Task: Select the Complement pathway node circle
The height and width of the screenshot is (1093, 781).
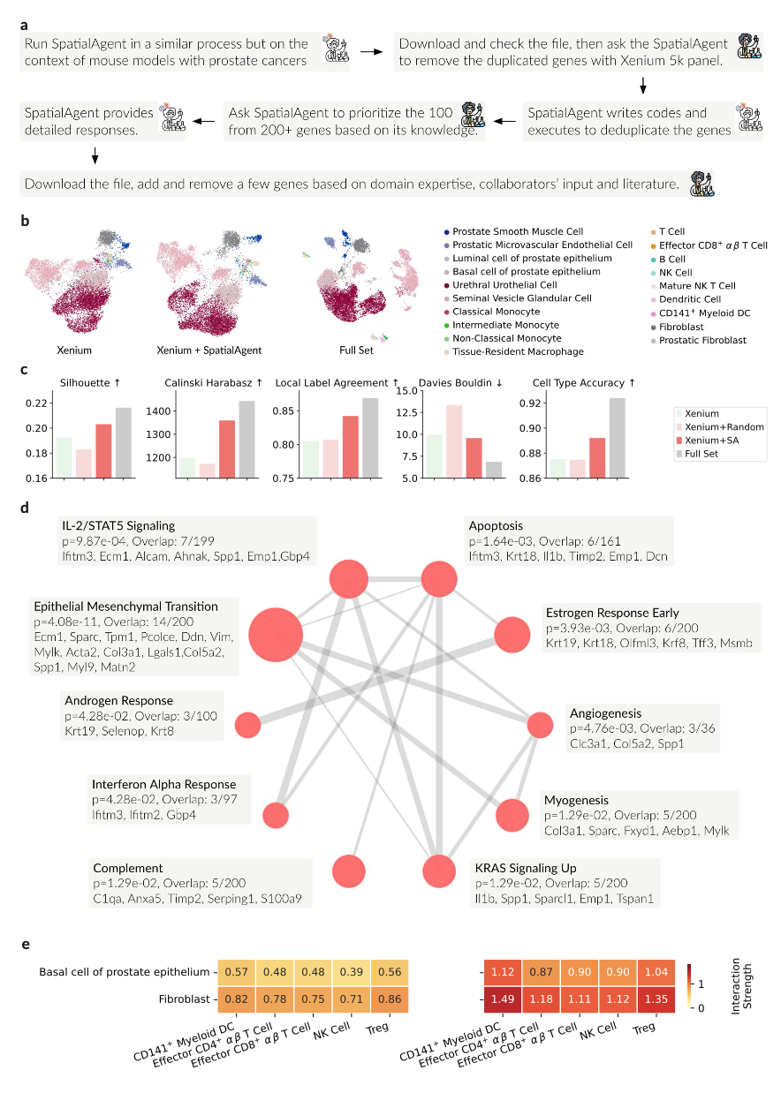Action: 349,870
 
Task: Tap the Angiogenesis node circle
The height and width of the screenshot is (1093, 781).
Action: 539,726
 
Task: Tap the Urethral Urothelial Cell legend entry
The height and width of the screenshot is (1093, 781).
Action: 504,285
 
